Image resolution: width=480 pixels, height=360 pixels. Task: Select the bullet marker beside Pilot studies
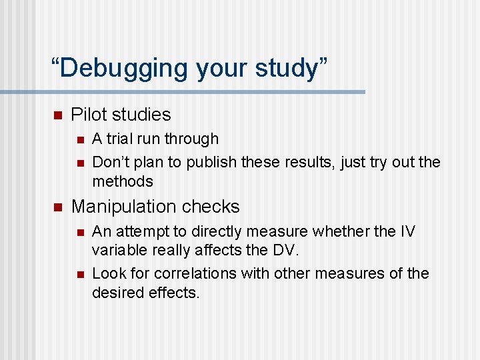coord(57,115)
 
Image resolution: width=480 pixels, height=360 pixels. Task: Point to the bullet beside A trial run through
coord(79,140)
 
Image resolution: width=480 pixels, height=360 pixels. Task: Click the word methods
coord(123,181)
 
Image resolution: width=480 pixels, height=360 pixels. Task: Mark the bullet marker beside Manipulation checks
coord(57,207)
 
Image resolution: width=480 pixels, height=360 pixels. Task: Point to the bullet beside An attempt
coord(79,233)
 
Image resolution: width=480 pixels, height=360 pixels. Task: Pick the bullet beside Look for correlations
coord(79,275)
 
